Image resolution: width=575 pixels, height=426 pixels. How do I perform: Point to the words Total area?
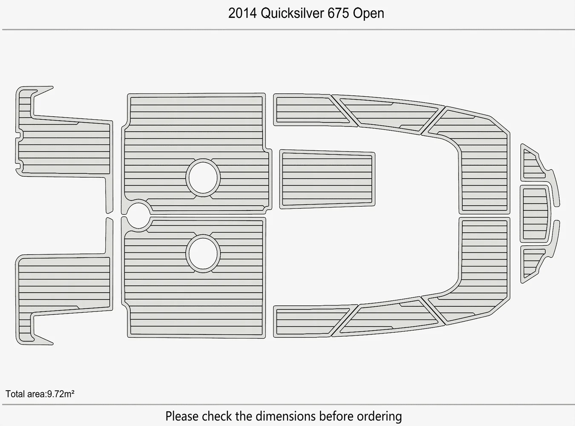coord(25,394)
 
